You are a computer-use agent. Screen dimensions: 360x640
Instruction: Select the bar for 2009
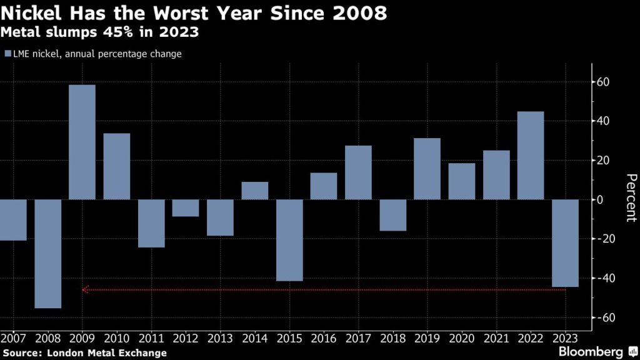82,142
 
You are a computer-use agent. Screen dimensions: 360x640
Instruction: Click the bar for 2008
47,254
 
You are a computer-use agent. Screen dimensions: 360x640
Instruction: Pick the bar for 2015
289,240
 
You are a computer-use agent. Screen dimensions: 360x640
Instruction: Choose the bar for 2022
531,156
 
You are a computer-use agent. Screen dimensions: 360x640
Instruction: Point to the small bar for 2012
186,208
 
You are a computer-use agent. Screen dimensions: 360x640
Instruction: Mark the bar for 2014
255,191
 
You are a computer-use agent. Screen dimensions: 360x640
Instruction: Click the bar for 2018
392,215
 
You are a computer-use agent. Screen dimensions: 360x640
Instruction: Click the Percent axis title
630,197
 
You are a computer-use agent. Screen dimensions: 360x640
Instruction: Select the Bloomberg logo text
591,351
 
